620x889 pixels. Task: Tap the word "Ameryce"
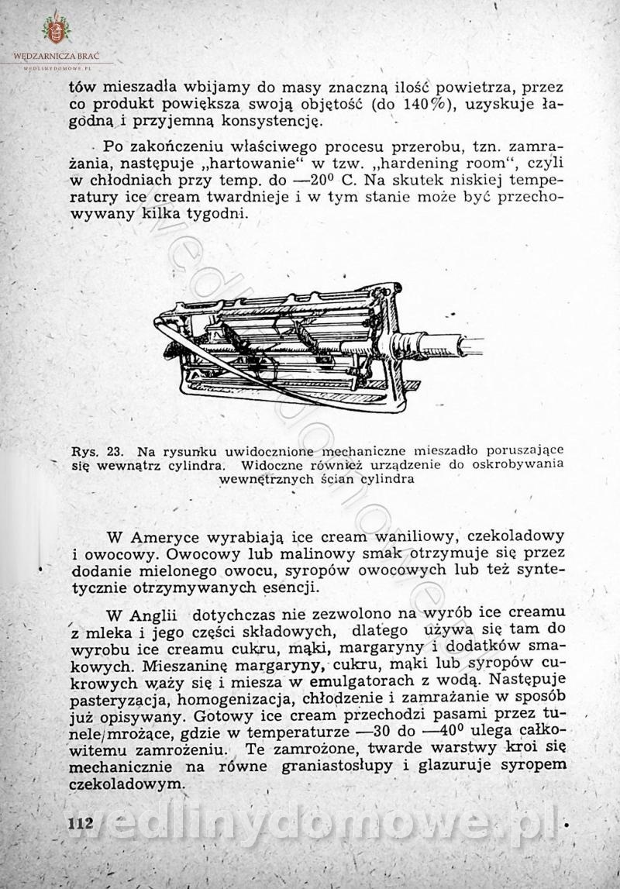(170, 536)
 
